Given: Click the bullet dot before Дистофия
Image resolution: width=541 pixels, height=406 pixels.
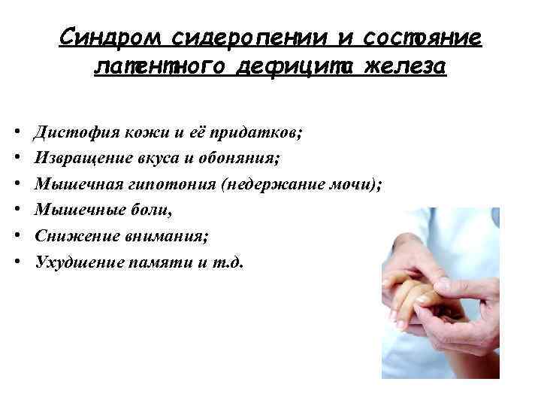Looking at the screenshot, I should click(x=17, y=133).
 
